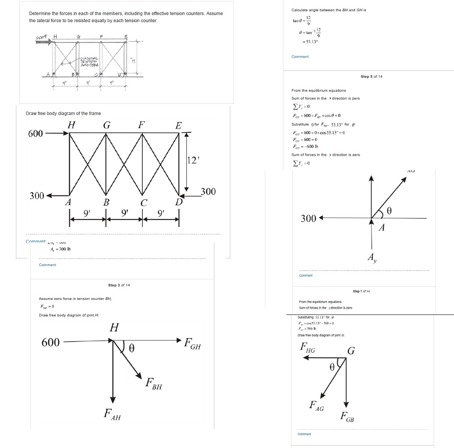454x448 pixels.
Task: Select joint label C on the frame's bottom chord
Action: point(143,203)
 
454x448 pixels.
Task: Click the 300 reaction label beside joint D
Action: point(207,192)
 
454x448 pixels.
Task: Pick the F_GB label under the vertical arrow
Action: point(347,417)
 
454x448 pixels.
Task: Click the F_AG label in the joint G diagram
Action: point(316,405)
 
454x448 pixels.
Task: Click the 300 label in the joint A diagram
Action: point(309,218)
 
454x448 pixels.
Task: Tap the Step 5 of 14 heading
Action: point(371,77)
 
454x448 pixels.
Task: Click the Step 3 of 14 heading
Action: point(118,285)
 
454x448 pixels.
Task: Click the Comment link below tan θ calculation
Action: point(300,57)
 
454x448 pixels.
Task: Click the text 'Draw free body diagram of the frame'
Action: point(63,114)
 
